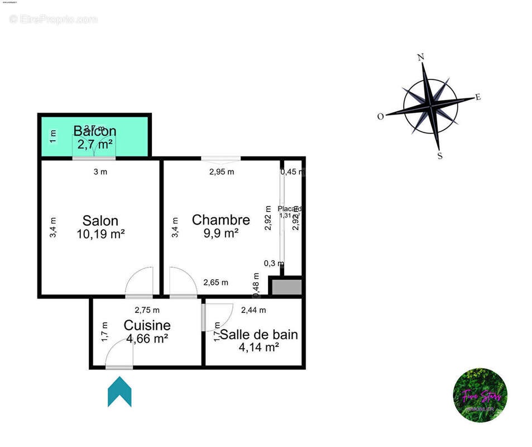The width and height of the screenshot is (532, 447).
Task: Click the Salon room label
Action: click(x=100, y=220)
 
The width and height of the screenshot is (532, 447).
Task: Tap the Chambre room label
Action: click(x=221, y=220)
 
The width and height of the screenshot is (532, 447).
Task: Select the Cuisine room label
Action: click(x=147, y=325)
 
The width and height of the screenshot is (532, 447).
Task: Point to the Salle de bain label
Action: click(x=258, y=335)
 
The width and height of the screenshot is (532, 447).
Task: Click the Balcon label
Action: click(x=95, y=131)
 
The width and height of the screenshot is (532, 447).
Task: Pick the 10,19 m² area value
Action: click(x=100, y=234)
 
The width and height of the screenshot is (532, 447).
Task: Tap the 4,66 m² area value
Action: click(x=147, y=338)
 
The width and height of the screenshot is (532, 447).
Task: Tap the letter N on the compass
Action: click(x=421, y=57)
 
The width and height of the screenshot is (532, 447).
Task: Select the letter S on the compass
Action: click(x=440, y=156)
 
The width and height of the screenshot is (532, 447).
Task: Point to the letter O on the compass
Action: click(x=381, y=116)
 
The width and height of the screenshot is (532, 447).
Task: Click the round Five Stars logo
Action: click(x=480, y=395)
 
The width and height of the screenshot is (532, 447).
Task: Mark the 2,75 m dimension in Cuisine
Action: click(x=147, y=310)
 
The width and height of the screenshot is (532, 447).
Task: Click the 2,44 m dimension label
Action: click(x=253, y=310)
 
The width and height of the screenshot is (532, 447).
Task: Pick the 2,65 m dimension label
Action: click(x=215, y=283)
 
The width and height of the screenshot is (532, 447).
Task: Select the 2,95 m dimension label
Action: click(x=222, y=172)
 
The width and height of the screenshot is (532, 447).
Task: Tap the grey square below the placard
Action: click(x=286, y=287)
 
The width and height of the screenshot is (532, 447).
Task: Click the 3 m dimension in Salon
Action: click(x=100, y=172)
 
